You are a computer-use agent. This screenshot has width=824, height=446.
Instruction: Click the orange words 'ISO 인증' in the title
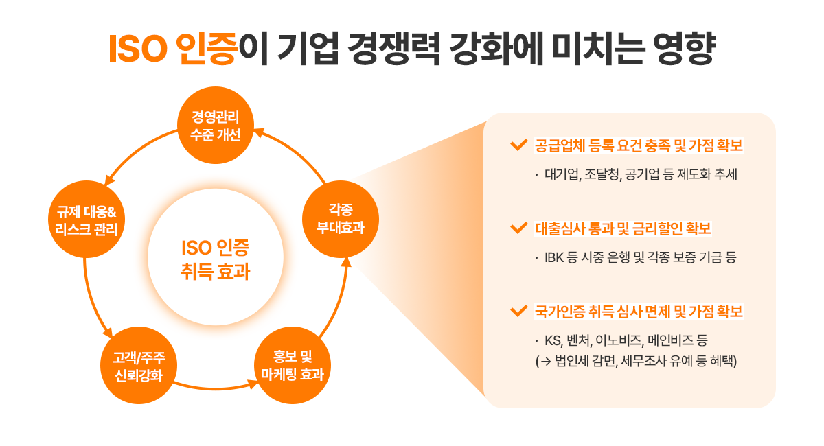pos(173,49)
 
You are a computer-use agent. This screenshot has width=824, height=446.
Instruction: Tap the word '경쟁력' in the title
pos(394,49)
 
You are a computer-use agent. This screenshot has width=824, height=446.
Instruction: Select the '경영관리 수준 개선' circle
pos(216,126)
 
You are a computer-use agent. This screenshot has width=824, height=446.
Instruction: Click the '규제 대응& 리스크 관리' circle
pos(87,219)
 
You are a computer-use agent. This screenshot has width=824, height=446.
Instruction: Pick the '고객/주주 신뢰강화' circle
pos(139,366)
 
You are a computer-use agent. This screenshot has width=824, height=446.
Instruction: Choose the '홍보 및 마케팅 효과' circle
pos(293,366)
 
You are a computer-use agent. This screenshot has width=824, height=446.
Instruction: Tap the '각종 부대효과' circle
pos(341,219)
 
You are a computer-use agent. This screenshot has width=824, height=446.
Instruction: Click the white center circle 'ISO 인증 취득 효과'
pos(216,257)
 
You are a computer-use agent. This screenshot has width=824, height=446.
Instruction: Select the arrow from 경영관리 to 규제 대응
pos(137,150)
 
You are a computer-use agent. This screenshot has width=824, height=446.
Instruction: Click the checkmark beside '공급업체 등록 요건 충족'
pos(519,145)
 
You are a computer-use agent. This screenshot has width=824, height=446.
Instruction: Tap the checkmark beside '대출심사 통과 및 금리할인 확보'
pos(519,228)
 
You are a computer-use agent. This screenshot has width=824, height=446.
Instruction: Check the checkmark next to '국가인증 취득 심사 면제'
pos(519,311)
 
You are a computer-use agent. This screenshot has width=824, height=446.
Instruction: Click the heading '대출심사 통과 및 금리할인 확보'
pos(623,228)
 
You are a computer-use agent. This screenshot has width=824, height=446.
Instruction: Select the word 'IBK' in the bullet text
pos(554,257)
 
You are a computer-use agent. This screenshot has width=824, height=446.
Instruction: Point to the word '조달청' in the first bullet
pos(603,174)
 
